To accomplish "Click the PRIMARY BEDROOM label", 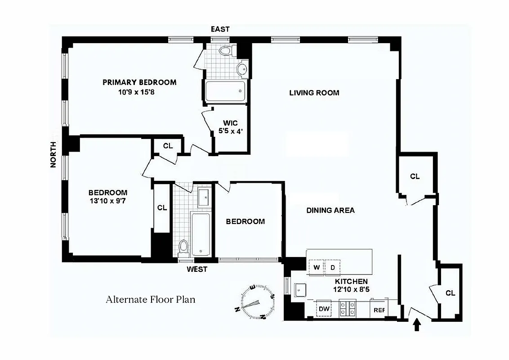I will coord(139,82).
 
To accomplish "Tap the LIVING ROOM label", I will coord(314,93).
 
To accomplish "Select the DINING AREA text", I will coord(330,210).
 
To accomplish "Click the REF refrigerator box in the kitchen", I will coord(379,310).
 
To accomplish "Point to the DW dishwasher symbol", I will coord(324,309).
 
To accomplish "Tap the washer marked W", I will coord(317,267).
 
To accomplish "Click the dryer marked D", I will coord(333,267).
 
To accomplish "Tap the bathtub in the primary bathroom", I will coord(225,91).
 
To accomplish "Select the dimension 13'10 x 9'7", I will coord(108,201).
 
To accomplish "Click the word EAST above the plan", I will coord(220,29).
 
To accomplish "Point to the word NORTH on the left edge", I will coord(53,154).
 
